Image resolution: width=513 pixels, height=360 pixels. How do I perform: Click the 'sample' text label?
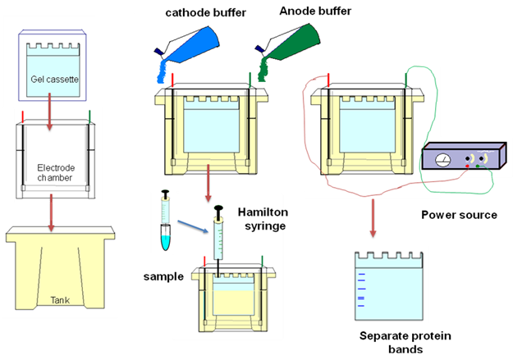point(157,277)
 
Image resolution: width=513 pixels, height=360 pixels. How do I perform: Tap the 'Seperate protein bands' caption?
point(395,343)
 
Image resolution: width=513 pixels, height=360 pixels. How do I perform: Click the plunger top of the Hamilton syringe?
point(220,211)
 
